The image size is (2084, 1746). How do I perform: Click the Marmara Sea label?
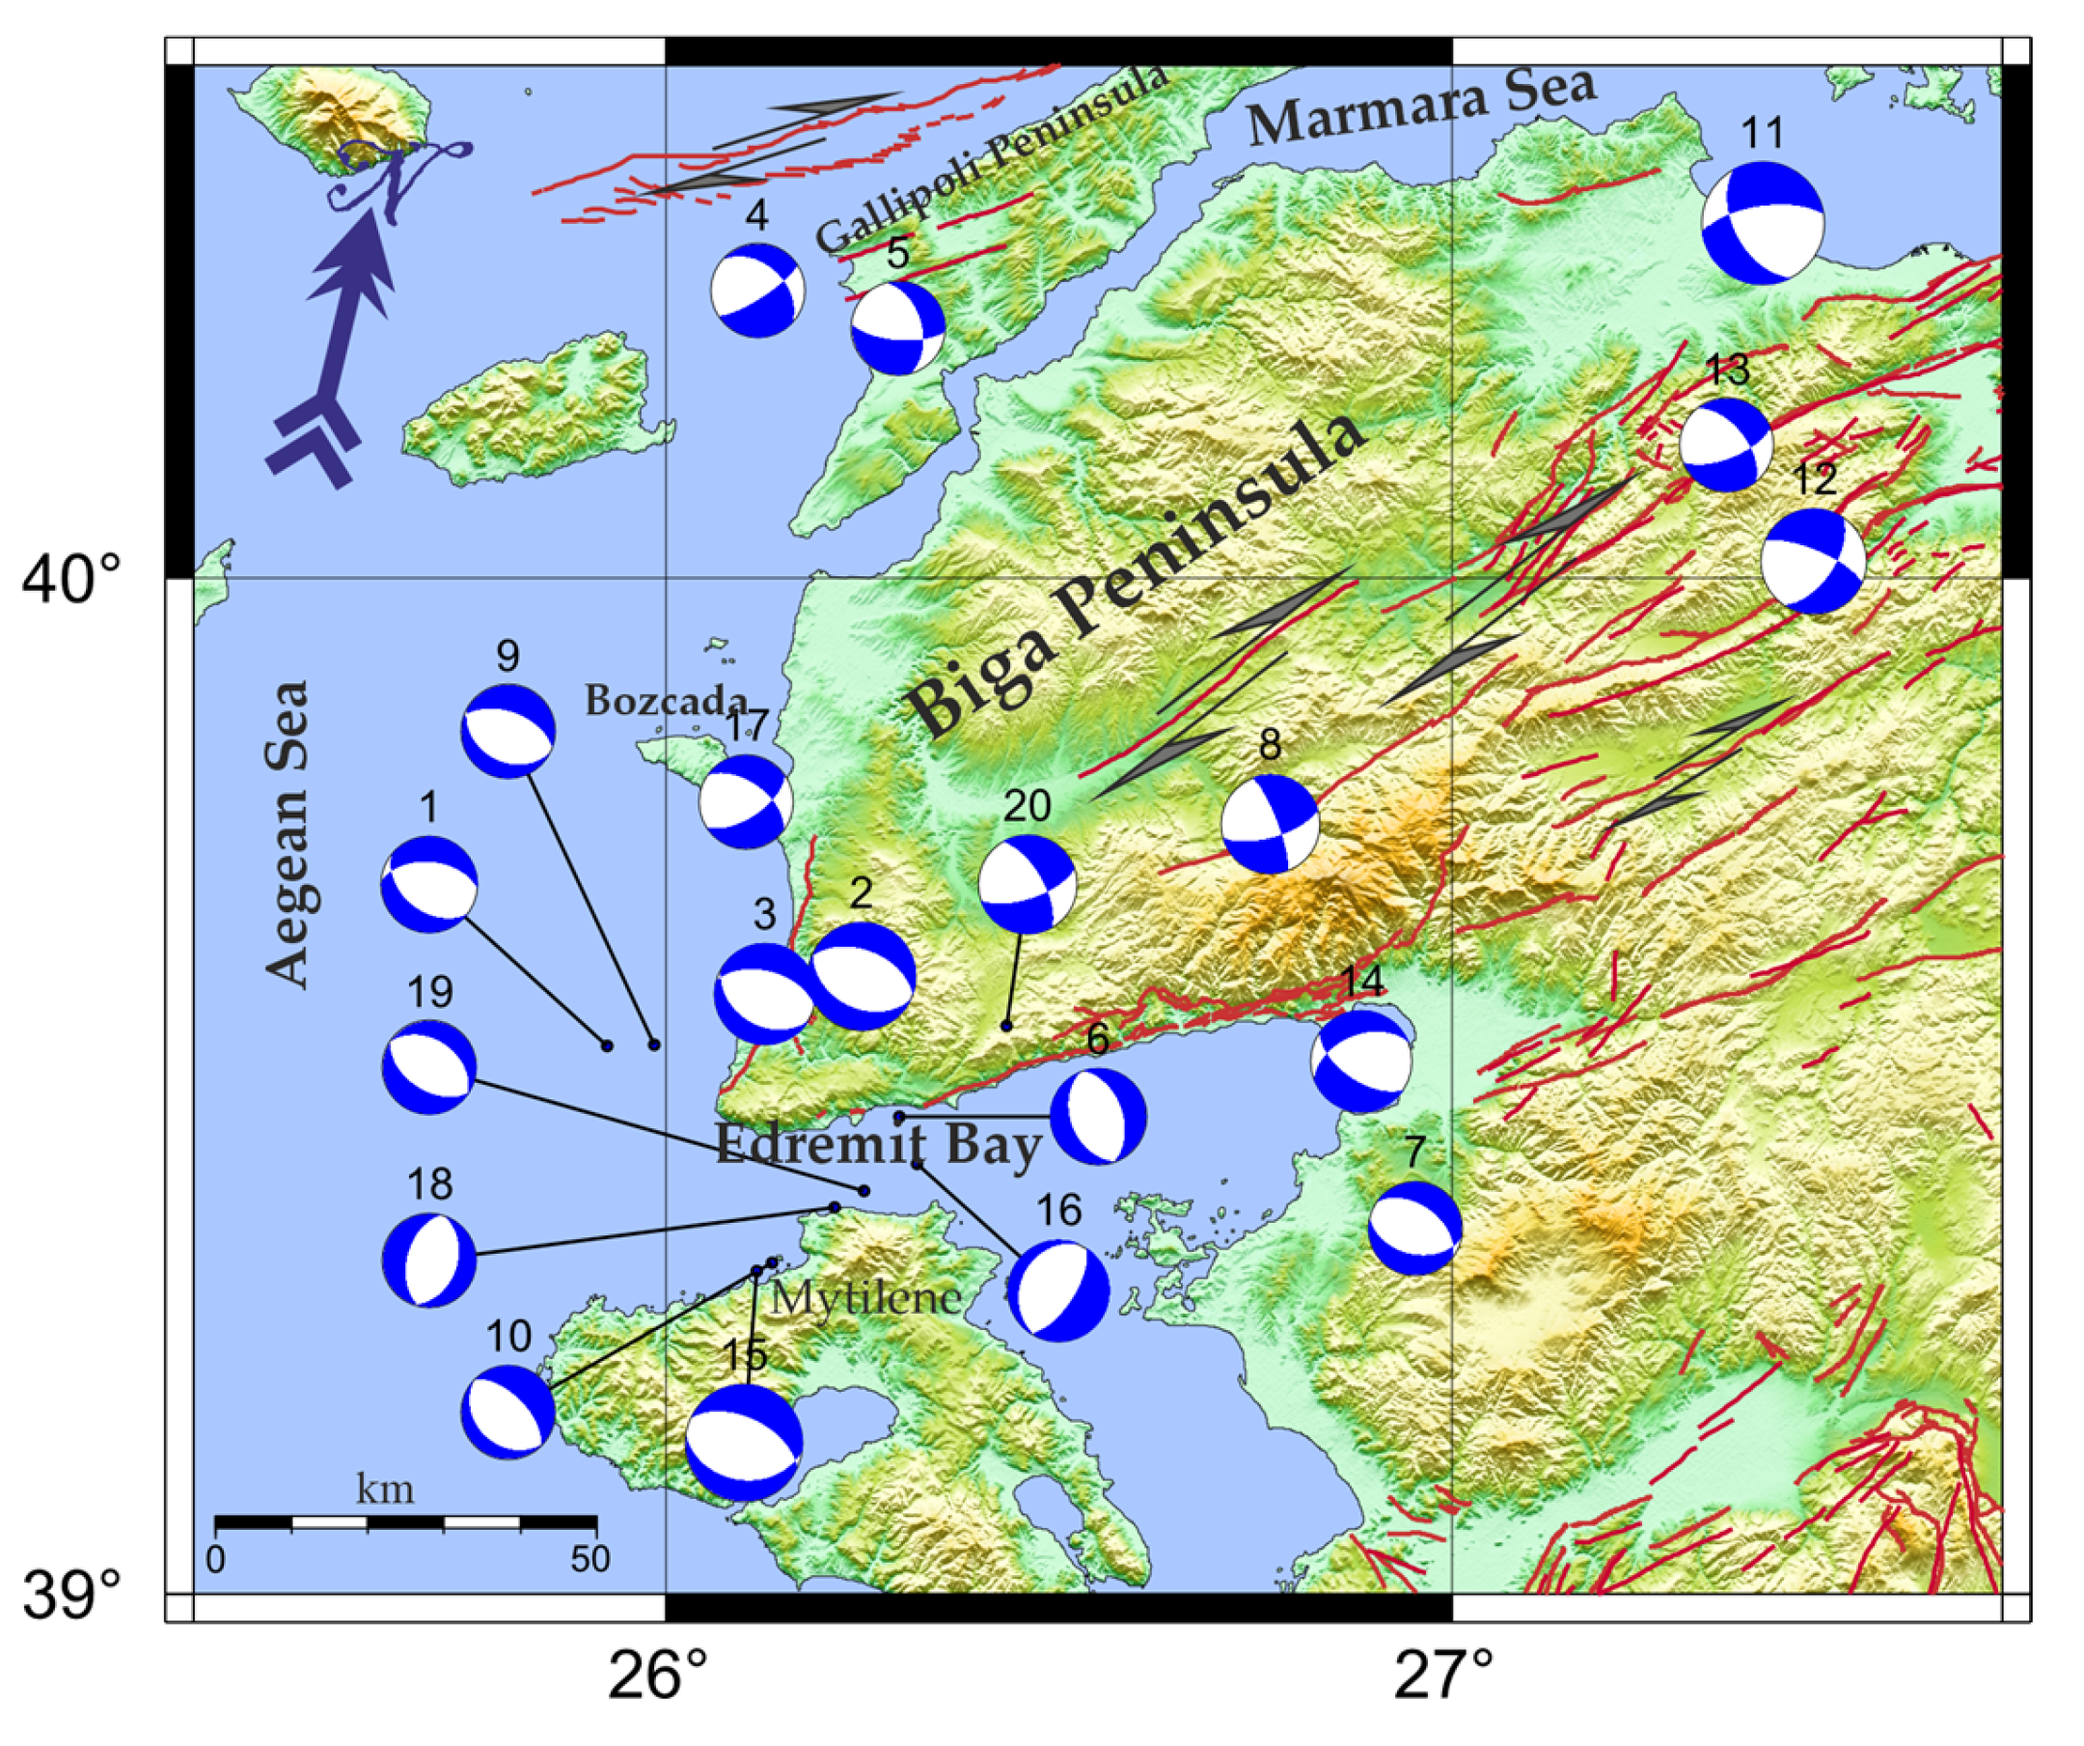pos(1421,106)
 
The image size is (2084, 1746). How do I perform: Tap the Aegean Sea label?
pos(289,834)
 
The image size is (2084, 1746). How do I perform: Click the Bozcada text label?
pos(666,702)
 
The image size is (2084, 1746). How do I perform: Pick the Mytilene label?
pos(866,1297)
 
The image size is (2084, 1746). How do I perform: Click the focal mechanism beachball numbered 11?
pos(1763,222)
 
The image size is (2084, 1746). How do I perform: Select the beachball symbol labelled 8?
pos(1271,824)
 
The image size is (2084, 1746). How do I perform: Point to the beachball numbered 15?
pos(744,1442)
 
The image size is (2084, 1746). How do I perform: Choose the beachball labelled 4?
pos(758,291)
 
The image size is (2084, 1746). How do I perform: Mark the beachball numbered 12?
pos(1814,562)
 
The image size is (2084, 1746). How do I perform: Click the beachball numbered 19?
pos(428,1067)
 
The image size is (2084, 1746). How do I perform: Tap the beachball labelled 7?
pos(1415,1229)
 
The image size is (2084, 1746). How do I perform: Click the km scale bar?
pos(405,1523)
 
